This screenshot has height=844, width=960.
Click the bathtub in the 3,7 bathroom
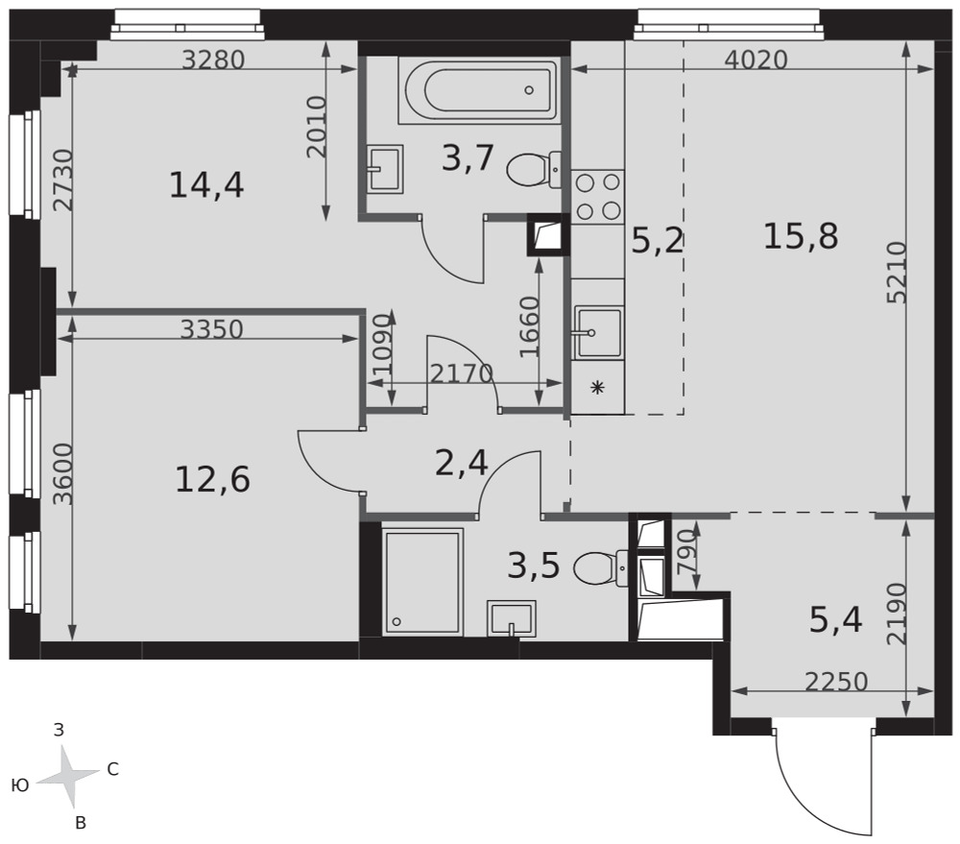click(477, 90)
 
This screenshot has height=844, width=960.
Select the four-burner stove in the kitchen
click(598, 196)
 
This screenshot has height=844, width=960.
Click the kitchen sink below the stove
click(597, 333)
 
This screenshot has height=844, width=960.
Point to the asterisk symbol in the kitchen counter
click(597, 387)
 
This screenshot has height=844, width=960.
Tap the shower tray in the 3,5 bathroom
click(422, 582)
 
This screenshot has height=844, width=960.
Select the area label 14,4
click(206, 184)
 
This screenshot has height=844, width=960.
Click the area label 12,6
click(212, 479)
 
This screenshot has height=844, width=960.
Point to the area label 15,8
click(801, 236)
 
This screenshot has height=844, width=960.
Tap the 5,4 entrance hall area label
click(836, 620)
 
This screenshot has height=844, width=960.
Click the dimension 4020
click(756, 60)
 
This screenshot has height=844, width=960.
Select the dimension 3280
click(214, 60)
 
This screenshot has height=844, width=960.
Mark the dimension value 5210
click(897, 273)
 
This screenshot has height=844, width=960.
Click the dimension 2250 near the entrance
click(836, 681)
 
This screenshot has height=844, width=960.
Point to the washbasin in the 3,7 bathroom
click(385, 170)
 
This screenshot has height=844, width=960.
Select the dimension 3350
click(212, 329)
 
